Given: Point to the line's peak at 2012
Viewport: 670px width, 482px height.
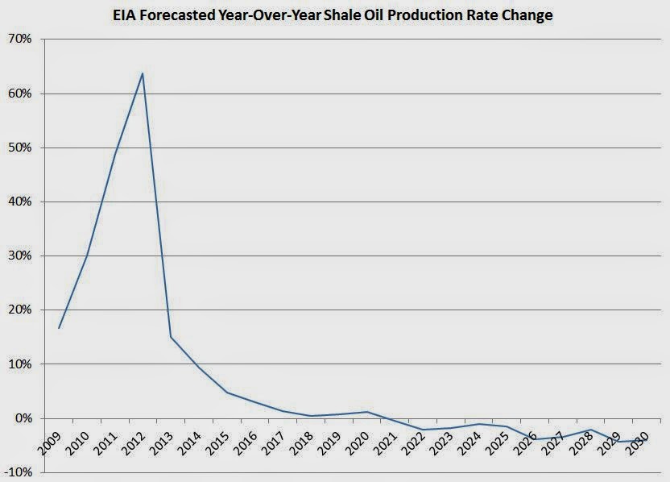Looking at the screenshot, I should pos(143,73).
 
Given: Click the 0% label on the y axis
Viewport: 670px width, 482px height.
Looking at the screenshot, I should pos(22,418).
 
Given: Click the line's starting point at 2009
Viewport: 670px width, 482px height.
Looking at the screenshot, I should pos(59,328).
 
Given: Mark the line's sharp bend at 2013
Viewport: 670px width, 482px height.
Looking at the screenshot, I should pos(171,337).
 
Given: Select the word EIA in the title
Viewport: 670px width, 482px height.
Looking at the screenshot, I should pos(128,15).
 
